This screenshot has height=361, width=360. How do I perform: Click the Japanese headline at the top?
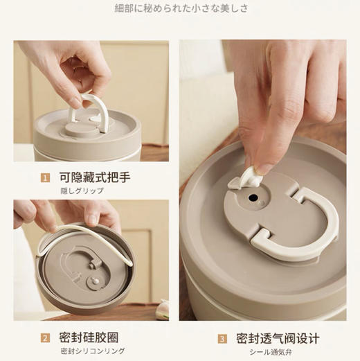tap(180, 9)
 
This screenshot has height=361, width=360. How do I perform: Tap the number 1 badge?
tap(45, 178)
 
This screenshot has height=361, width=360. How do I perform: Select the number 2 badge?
tap(45, 339)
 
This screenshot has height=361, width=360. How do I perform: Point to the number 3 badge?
tap(222, 339)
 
